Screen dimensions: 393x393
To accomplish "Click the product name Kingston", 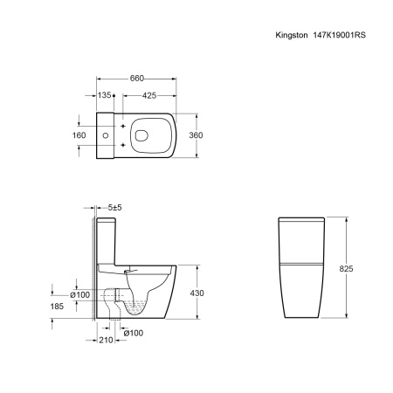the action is pos(292,35).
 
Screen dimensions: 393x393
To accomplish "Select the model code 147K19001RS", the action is pos(340,35).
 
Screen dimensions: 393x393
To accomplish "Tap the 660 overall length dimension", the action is pos(137,79).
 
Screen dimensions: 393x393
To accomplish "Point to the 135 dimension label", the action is pos(104,95).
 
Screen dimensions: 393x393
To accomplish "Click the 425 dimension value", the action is pos(149,95).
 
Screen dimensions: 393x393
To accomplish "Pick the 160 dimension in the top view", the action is pos(79,135).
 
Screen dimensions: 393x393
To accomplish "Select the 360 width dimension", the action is pos(196,135).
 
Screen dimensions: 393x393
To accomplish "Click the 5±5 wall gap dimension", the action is pos(114,208).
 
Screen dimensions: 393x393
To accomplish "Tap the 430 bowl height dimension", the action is pos(197,293).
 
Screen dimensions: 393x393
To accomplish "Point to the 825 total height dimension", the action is pos(346,268).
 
